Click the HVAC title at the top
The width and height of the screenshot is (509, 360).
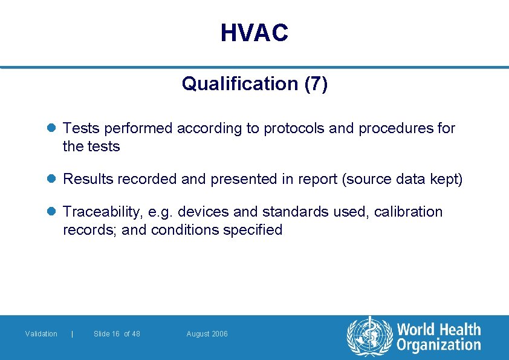coord(254,33)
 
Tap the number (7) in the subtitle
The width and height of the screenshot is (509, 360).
coord(316,83)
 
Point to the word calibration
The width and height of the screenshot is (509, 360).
coord(408,212)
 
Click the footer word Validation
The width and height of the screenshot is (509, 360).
coord(41,334)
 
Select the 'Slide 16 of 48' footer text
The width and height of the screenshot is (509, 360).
coord(117,334)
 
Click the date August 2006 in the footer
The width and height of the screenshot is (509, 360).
coord(207,334)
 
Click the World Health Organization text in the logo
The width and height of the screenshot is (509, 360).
coord(438,337)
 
